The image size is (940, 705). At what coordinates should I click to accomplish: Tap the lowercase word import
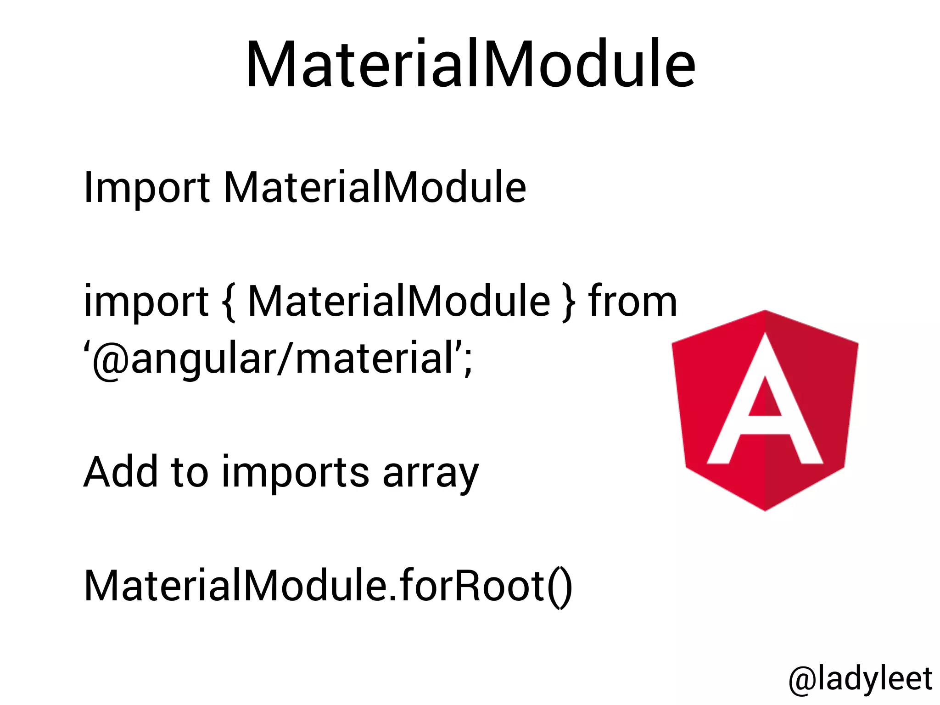(x=146, y=302)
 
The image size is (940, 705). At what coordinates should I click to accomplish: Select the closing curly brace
(x=569, y=302)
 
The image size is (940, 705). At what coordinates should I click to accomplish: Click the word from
(x=632, y=302)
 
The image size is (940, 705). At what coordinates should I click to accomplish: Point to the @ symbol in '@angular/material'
(x=110, y=359)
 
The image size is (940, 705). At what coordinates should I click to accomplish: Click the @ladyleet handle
(x=860, y=679)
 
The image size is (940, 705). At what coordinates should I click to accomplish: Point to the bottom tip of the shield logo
(x=765, y=509)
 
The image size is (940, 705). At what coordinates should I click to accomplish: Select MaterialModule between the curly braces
(x=398, y=302)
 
